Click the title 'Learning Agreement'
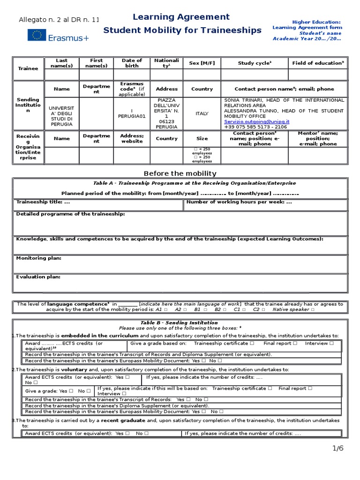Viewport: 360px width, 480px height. tap(181, 17)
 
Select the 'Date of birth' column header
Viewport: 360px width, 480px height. tap(132, 63)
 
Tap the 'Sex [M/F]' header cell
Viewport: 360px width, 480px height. tap(202, 63)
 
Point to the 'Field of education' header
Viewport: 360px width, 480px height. tap(318, 63)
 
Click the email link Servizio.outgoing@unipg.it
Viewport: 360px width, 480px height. tap(256, 121)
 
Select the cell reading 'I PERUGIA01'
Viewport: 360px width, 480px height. tap(132, 113)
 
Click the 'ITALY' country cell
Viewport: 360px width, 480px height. tap(202, 113)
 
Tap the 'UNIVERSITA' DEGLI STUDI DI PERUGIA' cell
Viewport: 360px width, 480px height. tap(61, 113)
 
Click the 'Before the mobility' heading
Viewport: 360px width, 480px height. tap(180, 173)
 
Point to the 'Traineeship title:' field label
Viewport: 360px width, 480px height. tap(43, 202)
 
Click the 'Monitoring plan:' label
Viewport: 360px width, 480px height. tap(38, 258)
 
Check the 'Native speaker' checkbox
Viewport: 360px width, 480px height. tap(313, 310)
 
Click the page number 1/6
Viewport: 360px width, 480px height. tap(338, 448)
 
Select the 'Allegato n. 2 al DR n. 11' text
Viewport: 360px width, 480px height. tap(59, 20)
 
